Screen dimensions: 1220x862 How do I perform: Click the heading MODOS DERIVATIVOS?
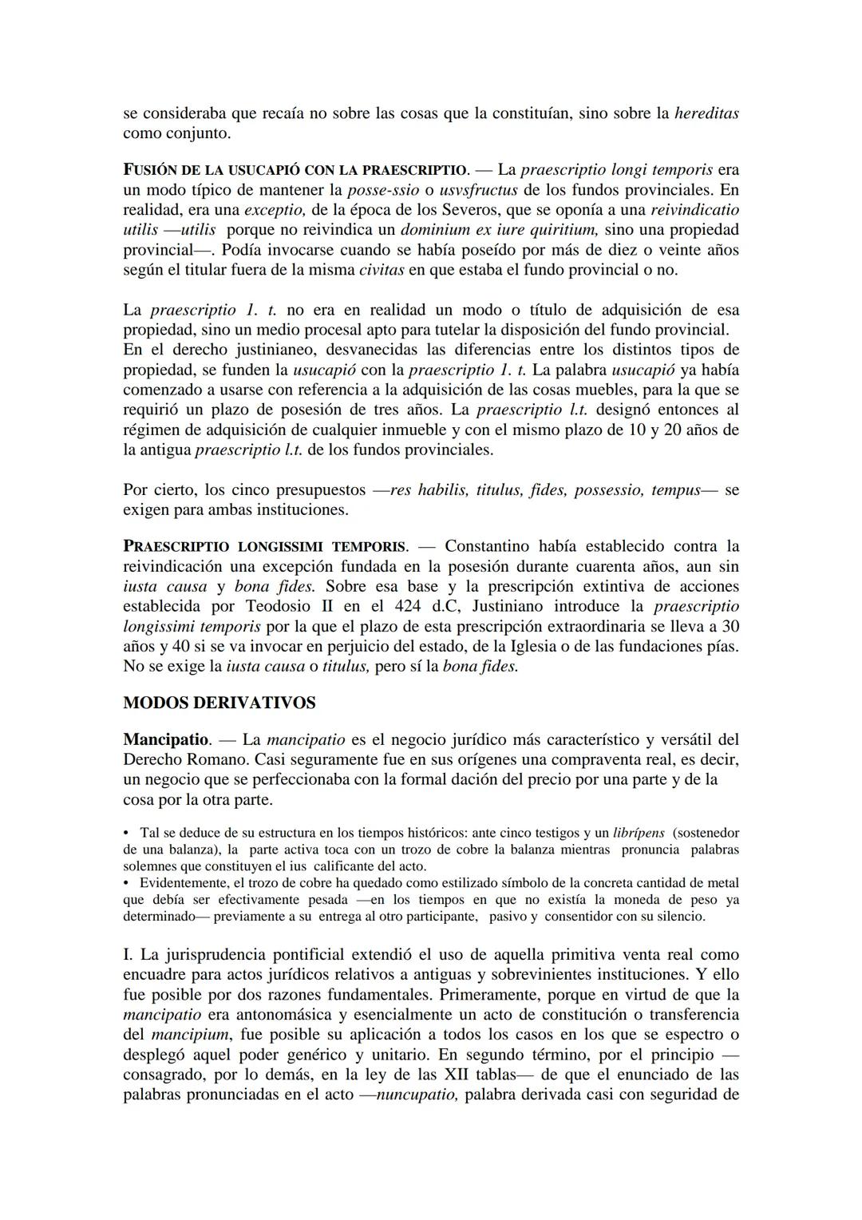pyautogui.click(x=219, y=703)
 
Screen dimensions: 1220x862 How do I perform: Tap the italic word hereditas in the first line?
pyautogui.click(x=706, y=113)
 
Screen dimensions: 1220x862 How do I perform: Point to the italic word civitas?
pyautogui.click(x=382, y=270)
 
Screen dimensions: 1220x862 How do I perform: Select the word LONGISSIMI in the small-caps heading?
pyautogui.click(x=281, y=547)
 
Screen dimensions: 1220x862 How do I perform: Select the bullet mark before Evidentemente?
pyautogui.click(x=126, y=883)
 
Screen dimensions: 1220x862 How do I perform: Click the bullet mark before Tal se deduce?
pyautogui.click(x=126, y=833)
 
